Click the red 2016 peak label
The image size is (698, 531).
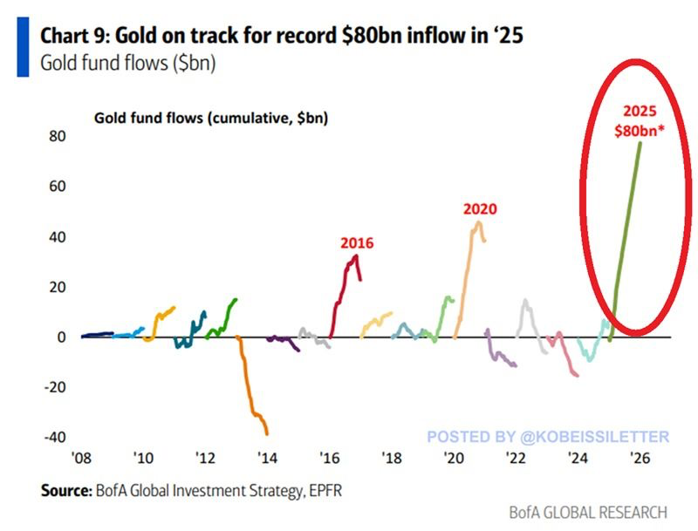[357, 243]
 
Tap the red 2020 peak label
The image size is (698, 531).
[479, 209]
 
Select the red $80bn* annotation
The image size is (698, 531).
[639, 130]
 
